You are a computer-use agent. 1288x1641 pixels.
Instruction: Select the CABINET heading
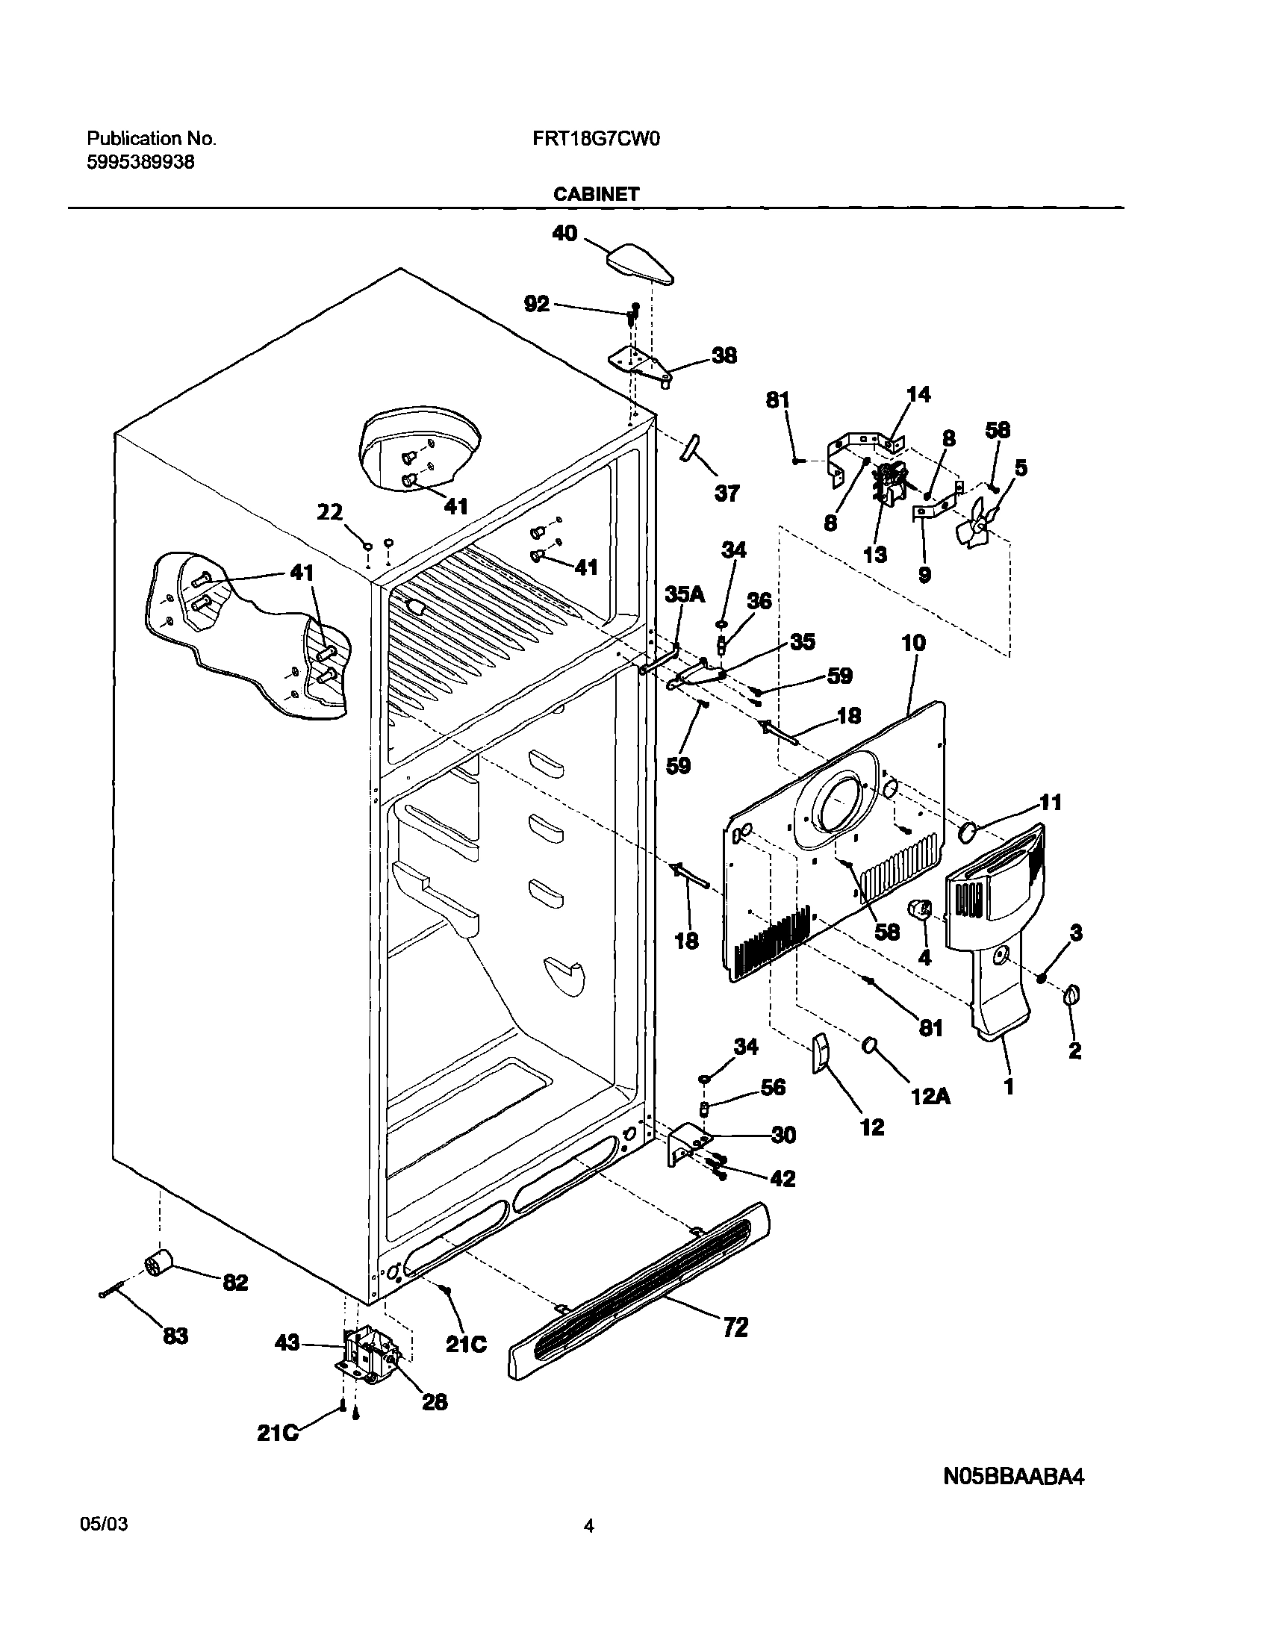click(x=596, y=194)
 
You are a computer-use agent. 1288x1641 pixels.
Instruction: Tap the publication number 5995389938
click(x=140, y=161)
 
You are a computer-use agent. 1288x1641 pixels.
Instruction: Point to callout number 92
click(x=536, y=304)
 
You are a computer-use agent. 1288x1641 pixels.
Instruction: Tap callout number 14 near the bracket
click(x=918, y=393)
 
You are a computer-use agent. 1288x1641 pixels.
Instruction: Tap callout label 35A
click(x=685, y=594)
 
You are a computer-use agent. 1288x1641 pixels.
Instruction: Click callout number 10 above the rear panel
click(x=912, y=643)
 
